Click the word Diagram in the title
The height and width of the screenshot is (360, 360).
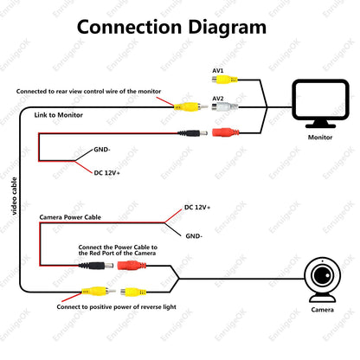(228, 29)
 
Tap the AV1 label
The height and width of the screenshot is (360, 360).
(218, 71)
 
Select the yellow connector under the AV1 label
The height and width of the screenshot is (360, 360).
(225, 80)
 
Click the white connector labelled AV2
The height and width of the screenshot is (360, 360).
(225, 106)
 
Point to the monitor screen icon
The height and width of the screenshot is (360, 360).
(320, 103)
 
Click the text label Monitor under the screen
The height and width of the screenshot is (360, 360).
(320, 138)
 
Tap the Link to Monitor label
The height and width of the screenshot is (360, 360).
(59, 115)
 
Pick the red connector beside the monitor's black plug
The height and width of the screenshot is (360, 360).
(226, 132)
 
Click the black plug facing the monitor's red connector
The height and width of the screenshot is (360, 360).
(192, 133)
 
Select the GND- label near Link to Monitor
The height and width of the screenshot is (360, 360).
(102, 150)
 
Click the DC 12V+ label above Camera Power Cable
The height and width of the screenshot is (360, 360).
(197, 207)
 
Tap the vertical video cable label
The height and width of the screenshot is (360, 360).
(14, 196)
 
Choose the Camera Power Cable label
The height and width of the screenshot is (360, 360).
(70, 217)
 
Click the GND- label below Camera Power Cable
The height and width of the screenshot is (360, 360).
(194, 236)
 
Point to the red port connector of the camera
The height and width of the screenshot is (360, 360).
(132, 265)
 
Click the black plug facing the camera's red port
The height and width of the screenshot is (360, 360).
(96, 266)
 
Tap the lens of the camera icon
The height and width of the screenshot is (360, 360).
(322, 275)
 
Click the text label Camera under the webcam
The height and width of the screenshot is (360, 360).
(323, 310)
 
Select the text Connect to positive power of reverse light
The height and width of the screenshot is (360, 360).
(116, 307)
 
